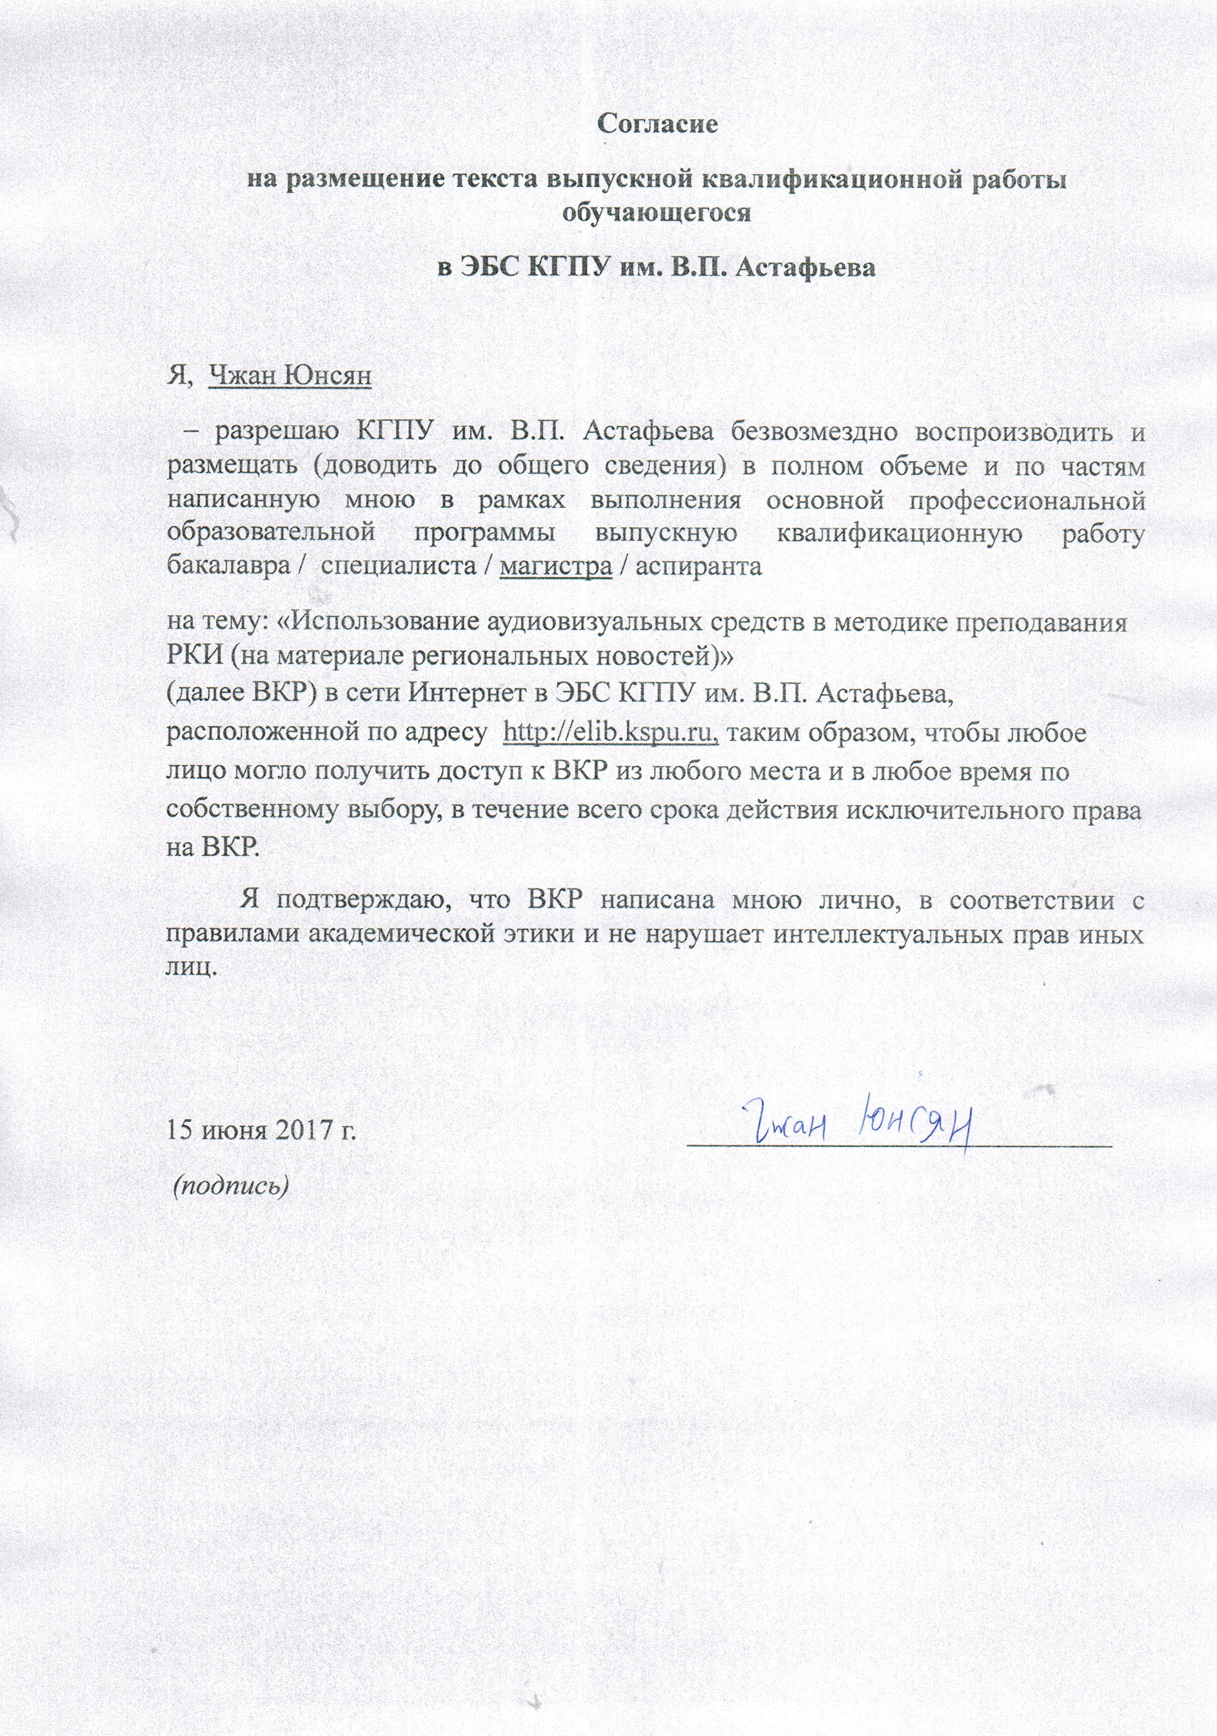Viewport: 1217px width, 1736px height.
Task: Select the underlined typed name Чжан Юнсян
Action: click(289, 375)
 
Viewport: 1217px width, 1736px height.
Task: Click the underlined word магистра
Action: click(556, 566)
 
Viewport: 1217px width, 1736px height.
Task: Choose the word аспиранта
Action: click(698, 566)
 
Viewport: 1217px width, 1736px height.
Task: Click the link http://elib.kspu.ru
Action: click(610, 733)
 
